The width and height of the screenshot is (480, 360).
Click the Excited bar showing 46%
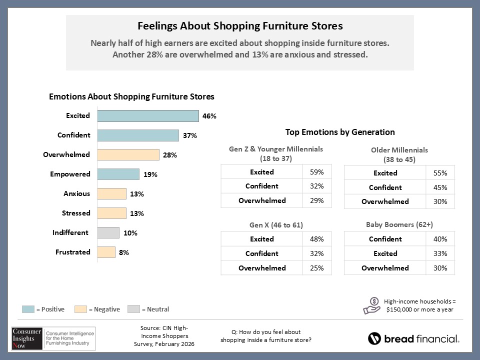(x=148, y=116)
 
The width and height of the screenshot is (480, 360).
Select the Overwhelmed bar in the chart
(x=128, y=155)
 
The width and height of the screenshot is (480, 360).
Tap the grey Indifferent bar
(x=108, y=233)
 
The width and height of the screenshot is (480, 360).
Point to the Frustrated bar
(x=106, y=252)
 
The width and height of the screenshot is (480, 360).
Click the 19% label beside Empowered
(x=150, y=174)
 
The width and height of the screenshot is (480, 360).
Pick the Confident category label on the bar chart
(x=73, y=135)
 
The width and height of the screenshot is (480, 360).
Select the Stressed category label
(x=76, y=213)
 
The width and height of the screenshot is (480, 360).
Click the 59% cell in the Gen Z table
(x=317, y=172)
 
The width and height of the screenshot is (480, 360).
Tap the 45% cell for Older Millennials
(x=440, y=187)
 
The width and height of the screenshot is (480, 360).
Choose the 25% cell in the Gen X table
(x=317, y=268)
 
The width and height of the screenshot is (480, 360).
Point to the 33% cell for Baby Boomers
(x=440, y=253)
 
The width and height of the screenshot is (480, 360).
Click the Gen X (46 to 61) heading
(x=276, y=225)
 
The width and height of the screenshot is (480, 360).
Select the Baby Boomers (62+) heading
(x=399, y=225)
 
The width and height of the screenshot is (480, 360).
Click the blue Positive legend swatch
(x=28, y=309)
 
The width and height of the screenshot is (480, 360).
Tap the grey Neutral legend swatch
(x=133, y=309)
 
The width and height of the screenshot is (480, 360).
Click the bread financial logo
(x=413, y=338)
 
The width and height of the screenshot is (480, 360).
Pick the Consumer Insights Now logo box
(x=53, y=338)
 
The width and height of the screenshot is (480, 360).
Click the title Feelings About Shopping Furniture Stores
(x=240, y=26)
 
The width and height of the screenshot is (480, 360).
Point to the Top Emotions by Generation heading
(x=340, y=132)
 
